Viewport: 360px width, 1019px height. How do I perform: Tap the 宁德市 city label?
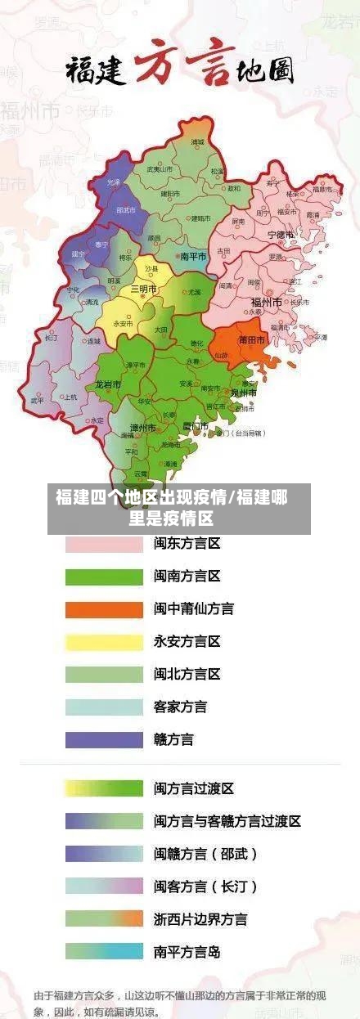pos(284,235)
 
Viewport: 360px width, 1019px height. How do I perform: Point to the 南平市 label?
pos(193,256)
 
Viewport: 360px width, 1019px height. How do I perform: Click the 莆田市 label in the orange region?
pos(251,339)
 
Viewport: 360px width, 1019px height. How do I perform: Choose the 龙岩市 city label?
pos(107,383)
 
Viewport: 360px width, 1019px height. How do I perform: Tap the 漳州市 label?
pos(143,428)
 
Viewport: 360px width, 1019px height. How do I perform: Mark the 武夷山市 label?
pos(159,169)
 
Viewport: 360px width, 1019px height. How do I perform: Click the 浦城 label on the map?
pos(197,142)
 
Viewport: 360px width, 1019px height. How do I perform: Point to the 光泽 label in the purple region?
pos(113,182)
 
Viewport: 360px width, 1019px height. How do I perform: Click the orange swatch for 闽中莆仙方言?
pos(103,609)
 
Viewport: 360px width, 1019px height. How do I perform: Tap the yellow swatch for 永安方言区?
pos(103,642)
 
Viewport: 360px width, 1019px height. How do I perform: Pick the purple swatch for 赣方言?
pos(103,739)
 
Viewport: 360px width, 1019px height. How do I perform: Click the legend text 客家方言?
pos(180,707)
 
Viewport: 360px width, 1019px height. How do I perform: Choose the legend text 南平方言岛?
pos(187,952)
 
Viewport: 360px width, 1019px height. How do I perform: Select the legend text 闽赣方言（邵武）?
pos(205,854)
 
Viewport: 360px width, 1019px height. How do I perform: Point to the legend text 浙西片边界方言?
pos(200,919)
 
